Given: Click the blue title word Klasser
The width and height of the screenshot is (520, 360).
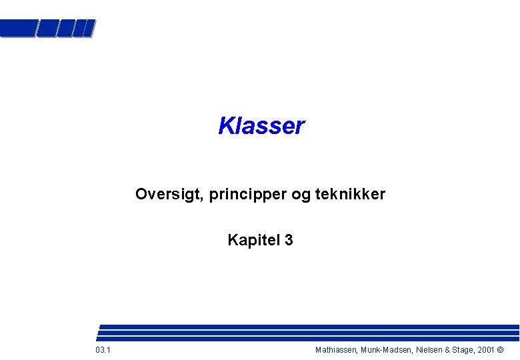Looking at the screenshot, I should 261,125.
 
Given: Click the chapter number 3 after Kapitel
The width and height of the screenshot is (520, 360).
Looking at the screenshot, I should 289,240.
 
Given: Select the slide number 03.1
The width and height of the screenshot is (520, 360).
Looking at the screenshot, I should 103,350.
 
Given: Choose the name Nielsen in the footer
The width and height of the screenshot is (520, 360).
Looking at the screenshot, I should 430,350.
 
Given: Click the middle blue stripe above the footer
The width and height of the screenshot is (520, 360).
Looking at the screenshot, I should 307,333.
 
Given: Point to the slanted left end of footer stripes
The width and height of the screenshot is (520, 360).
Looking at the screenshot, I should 99,333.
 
